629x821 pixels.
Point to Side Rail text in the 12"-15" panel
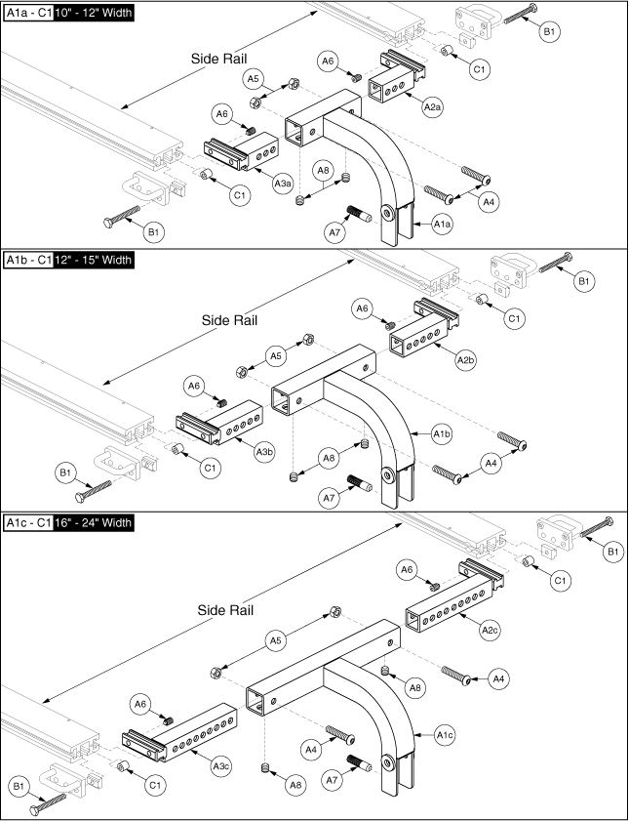(x=228, y=320)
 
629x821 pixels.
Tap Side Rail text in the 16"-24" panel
(x=225, y=610)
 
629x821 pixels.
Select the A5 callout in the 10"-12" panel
(x=253, y=78)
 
